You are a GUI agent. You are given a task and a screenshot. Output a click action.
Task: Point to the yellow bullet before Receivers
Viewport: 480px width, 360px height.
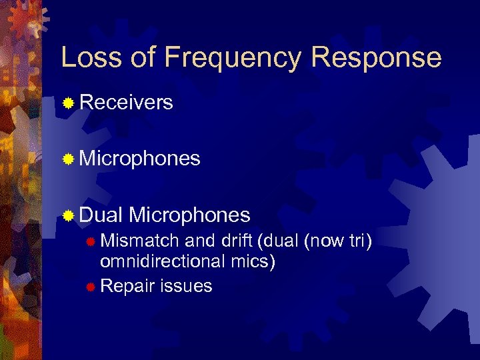tap(68, 103)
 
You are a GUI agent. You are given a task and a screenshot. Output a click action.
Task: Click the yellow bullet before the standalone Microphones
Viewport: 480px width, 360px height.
tap(68, 159)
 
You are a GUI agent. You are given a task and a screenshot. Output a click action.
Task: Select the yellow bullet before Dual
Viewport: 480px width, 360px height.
tap(68, 215)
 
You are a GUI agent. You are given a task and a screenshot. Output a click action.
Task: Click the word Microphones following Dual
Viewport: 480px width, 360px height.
tap(190, 215)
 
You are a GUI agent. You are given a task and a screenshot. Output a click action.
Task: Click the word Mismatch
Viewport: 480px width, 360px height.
tap(139, 241)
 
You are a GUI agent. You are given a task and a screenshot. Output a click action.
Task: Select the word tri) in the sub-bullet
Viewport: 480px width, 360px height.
tap(359, 241)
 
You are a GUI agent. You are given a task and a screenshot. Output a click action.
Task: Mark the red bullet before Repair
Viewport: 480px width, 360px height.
tap(91, 287)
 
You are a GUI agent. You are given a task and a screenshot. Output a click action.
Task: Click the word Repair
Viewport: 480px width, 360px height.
tap(126, 287)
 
